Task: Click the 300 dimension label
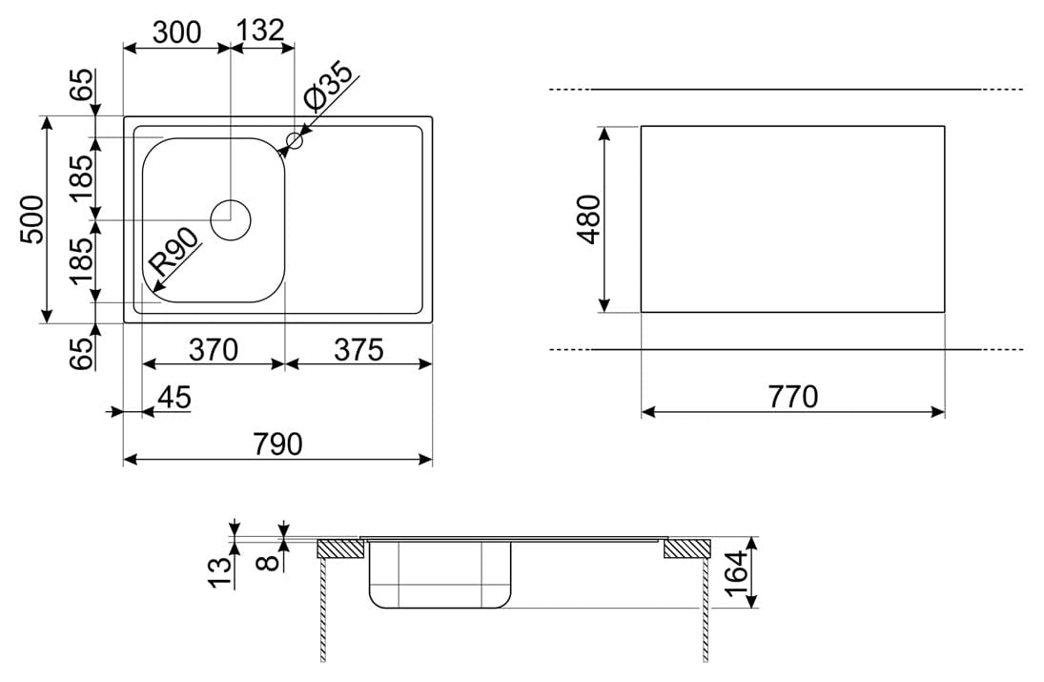click(176, 32)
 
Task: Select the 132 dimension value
click(260, 31)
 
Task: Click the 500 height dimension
click(32, 219)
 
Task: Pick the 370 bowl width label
click(213, 350)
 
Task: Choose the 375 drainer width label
click(358, 350)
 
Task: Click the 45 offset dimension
click(174, 398)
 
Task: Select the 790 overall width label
click(278, 444)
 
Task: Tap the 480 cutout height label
click(589, 219)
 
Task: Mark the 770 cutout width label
click(793, 397)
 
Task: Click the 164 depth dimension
click(737, 573)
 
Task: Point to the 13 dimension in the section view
click(222, 572)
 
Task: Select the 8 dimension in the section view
click(268, 563)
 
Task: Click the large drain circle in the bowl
click(231, 219)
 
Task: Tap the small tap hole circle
click(295, 140)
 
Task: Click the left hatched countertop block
click(340, 548)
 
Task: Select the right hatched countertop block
click(687, 548)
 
